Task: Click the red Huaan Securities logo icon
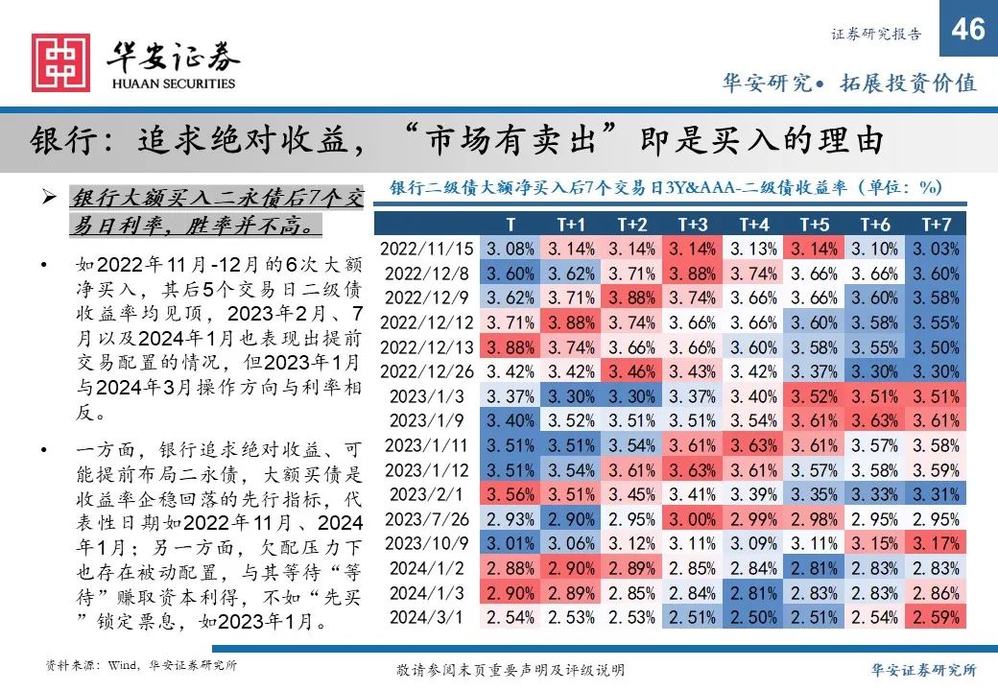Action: (60, 62)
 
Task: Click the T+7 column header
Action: (936, 224)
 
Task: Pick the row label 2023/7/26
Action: (428, 519)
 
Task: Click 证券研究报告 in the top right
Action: (874, 35)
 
